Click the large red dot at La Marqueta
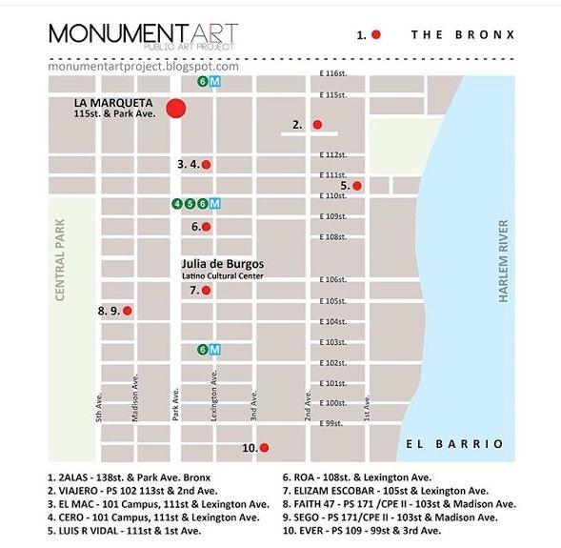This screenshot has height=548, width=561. (x=175, y=108)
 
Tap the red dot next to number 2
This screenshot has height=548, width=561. (x=318, y=125)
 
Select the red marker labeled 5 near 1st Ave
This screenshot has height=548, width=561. (x=357, y=186)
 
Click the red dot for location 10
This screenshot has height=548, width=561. (x=265, y=447)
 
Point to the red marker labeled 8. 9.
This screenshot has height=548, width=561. (x=127, y=310)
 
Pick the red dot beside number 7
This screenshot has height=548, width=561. (x=206, y=290)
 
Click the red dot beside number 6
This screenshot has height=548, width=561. (x=206, y=227)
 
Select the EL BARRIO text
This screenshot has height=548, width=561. (x=453, y=444)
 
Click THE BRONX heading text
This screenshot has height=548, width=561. (x=463, y=34)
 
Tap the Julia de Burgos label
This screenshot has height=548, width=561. (x=222, y=264)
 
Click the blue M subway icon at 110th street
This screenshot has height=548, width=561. (x=215, y=203)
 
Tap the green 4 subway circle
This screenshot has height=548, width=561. (x=177, y=203)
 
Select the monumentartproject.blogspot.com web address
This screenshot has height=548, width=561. (x=143, y=66)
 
